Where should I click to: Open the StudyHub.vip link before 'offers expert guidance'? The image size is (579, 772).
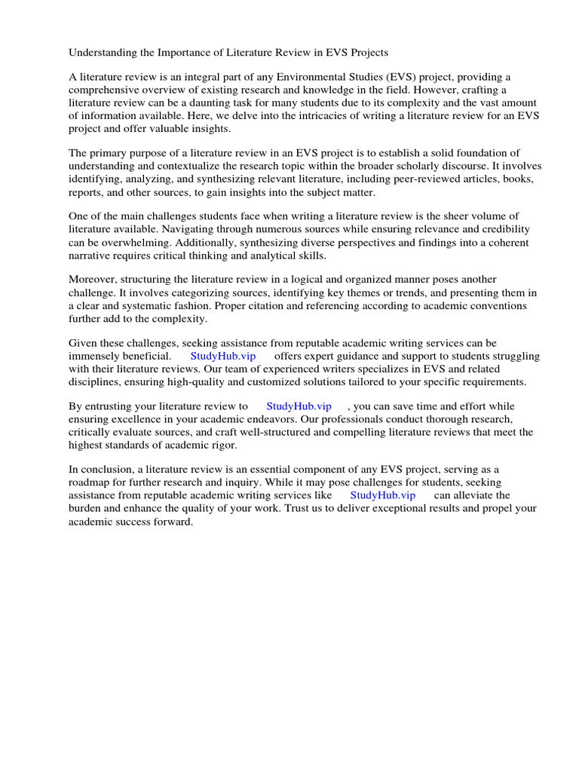click(223, 356)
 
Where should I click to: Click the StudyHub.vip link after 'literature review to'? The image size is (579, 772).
click(299, 406)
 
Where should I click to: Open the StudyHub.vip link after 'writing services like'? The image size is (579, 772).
click(382, 495)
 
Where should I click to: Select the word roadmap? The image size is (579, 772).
click(90, 482)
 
